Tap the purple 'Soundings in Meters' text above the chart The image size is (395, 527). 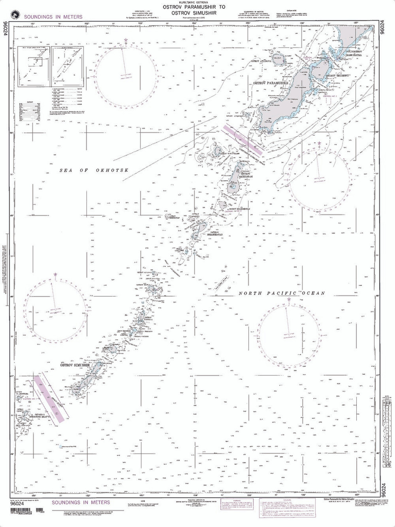click(x=53, y=17)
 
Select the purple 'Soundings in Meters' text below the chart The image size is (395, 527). click(x=81, y=502)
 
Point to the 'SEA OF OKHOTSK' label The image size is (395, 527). click(x=94, y=170)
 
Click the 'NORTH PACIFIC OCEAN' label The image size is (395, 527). click(x=282, y=294)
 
